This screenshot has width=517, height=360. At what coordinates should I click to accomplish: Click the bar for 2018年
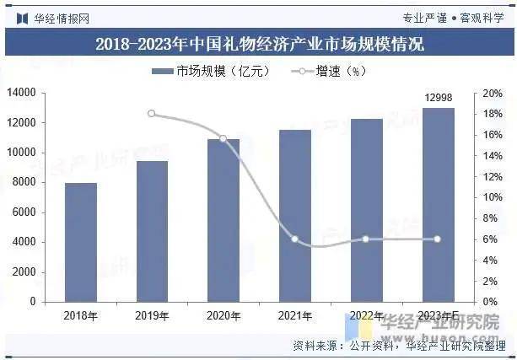pyautogui.click(x=81, y=242)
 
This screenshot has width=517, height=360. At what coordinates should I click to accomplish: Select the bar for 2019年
pyautogui.click(x=152, y=231)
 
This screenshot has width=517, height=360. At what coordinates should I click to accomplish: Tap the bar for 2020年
pyautogui.click(x=223, y=220)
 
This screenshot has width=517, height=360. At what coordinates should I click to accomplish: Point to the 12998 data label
pyautogui.click(x=438, y=99)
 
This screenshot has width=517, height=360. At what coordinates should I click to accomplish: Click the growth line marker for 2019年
pyautogui.click(x=152, y=113)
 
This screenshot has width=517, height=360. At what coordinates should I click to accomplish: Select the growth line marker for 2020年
pyautogui.click(x=223, y=138)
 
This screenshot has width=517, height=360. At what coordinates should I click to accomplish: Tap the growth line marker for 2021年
pyautogui.click(x=294, y=239)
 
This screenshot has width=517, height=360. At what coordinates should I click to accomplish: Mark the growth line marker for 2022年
pyautogui.click(x=366, y=239)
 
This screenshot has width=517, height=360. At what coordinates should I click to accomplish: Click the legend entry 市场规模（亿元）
pyautogui.click(x=211, y=72)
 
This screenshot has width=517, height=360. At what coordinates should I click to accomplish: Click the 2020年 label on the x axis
pyautogui.click(x=223, y=316)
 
